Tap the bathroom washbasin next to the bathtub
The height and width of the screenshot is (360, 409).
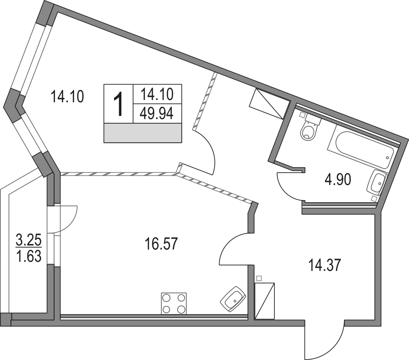(x=377, y=182)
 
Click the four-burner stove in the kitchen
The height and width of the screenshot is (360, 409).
(x=174, y=303)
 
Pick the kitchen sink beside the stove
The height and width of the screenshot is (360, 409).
(x=233, y=299)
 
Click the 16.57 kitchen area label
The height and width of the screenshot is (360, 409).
(x=161, y=244)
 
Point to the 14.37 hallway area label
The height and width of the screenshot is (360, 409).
(x=324, y=265)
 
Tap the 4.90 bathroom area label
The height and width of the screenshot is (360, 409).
(x=338, y=180)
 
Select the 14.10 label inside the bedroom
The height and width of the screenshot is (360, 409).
(x=67, y=96)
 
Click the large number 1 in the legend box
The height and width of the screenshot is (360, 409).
(x=119, y=104)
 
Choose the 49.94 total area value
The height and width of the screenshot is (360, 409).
(x=157, y=114)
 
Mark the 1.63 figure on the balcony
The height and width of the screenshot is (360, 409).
(x=29, y=256)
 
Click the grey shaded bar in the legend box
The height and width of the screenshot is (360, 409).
(x=143, y=133)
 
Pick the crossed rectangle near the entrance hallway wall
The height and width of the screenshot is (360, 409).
(x=264, y=301)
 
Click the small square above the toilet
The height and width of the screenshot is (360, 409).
(x=302, y=114)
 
